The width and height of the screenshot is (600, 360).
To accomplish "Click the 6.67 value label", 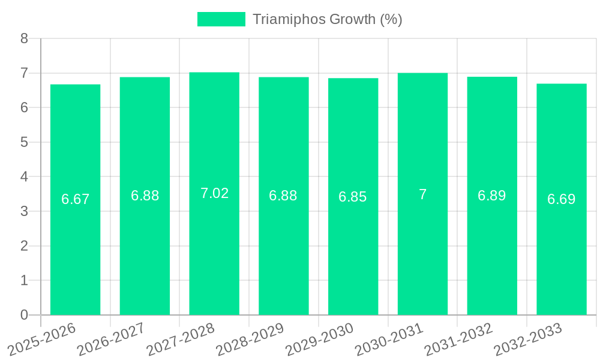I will pyautogui.click(x=75, y=199).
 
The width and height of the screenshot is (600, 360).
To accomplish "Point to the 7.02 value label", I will pyautogui.click(x=214, y=193).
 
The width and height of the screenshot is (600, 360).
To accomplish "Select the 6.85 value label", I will pyautogui.click(x=353, y=197).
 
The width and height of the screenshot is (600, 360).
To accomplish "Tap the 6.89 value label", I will pyautogui.click(x=492, y=196).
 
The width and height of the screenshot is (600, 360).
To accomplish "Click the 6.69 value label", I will pyautogui.click(x=562, y=199).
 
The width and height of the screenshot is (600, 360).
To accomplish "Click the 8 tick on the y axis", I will pyautogui.click(x=24, y=38).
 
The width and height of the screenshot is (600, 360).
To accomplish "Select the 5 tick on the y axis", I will pyautogui.click(x=24, y=142).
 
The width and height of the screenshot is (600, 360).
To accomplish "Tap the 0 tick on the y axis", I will pyautogui.click(x=24, y=315).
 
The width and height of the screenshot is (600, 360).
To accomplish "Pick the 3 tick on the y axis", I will pyautogui.click(x=24, y=211).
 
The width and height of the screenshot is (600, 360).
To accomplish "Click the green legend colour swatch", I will pyautogui.click(x=221, y=19).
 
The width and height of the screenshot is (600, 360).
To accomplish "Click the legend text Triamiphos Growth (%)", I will pyautogui.click(x=327, y=19).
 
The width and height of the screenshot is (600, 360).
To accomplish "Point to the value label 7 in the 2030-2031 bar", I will pyautogui.click(x=422, y=194).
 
